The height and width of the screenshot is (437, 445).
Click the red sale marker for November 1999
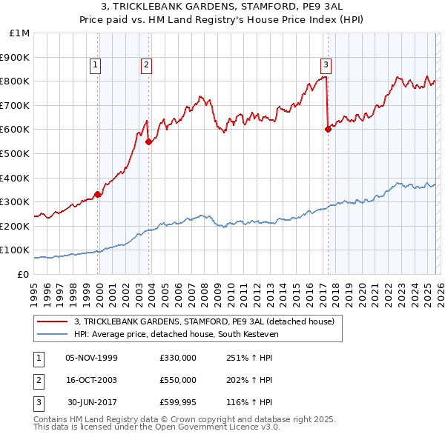[98, 194]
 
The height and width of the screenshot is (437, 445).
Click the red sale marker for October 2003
[149, 141]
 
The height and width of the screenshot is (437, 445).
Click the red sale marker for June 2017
[328, 129]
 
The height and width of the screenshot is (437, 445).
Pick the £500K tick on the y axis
[16, 153]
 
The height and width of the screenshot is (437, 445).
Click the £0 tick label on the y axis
[22, 274]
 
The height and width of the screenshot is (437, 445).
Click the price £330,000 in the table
[177, 358]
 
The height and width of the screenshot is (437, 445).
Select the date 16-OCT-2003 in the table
[91, 380]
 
